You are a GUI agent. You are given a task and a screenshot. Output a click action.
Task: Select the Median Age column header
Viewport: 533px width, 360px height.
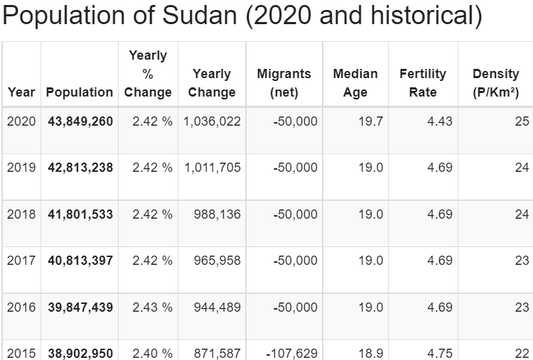355,83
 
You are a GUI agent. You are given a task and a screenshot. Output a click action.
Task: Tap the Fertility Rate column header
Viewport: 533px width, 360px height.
423,83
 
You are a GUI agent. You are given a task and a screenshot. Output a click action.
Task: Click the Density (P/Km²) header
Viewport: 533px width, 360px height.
495,83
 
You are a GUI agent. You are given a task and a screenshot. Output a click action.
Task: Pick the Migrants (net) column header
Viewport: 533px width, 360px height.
284,83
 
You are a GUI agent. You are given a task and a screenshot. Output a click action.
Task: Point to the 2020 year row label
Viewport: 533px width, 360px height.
21,121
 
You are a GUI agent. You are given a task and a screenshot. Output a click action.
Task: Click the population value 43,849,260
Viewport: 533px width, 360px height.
80,121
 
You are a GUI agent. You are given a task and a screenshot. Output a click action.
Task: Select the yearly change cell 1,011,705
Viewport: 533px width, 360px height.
212,168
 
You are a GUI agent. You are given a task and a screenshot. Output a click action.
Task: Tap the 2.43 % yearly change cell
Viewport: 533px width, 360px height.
152,307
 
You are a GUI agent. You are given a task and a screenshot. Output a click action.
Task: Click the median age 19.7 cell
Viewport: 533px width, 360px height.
370,121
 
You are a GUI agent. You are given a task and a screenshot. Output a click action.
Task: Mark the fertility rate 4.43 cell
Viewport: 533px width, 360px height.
440,121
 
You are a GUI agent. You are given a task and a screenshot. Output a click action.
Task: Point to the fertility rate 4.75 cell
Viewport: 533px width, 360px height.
440,353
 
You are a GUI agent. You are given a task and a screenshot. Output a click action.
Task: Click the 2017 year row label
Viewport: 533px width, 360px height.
21,261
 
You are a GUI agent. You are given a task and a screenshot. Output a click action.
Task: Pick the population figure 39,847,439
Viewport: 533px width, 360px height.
80,307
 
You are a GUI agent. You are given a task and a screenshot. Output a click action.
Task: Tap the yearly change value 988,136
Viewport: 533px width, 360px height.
217,214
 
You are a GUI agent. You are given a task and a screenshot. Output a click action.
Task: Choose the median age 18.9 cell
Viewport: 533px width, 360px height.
370,353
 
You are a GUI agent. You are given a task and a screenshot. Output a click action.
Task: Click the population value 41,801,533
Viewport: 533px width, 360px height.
80,214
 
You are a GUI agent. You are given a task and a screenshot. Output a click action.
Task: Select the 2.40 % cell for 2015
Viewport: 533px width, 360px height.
152,353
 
